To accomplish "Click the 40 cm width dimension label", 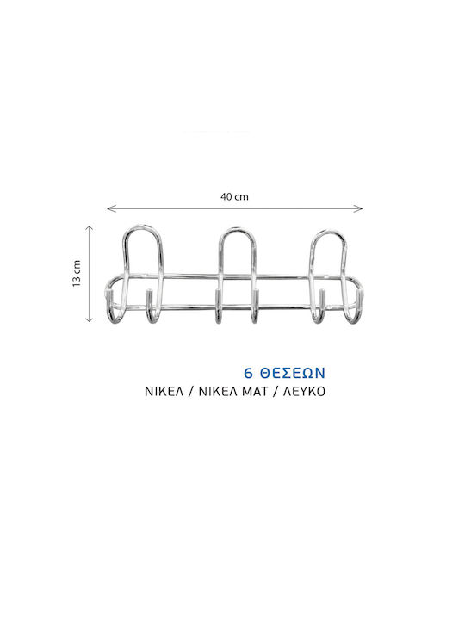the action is pos(234,196).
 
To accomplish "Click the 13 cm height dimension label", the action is pos(77,273).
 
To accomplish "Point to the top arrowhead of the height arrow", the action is pos(90,227).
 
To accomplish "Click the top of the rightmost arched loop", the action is pos(329,232).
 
